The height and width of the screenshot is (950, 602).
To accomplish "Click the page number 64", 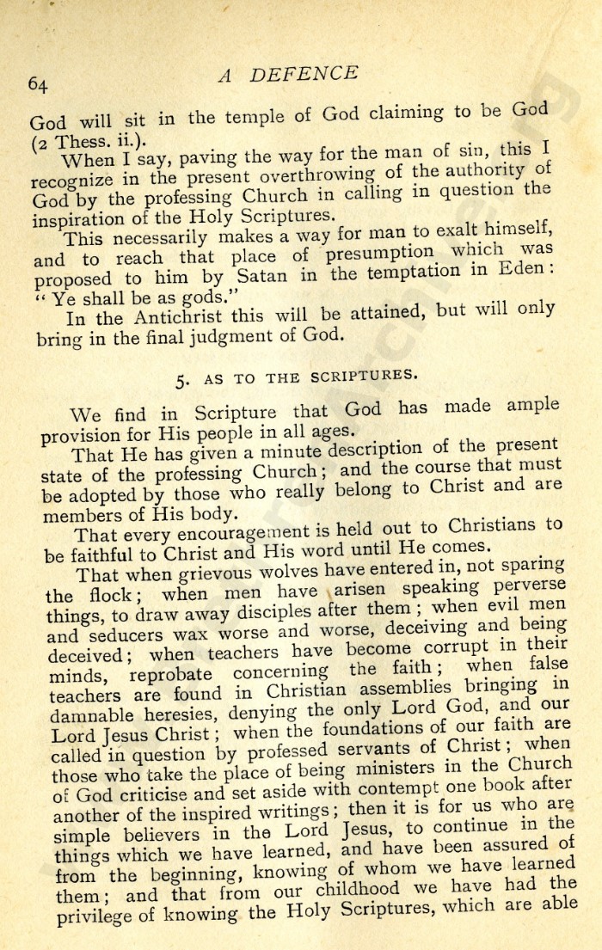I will coord(38,83).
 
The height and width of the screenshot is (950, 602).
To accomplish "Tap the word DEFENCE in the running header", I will coord(304,74).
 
